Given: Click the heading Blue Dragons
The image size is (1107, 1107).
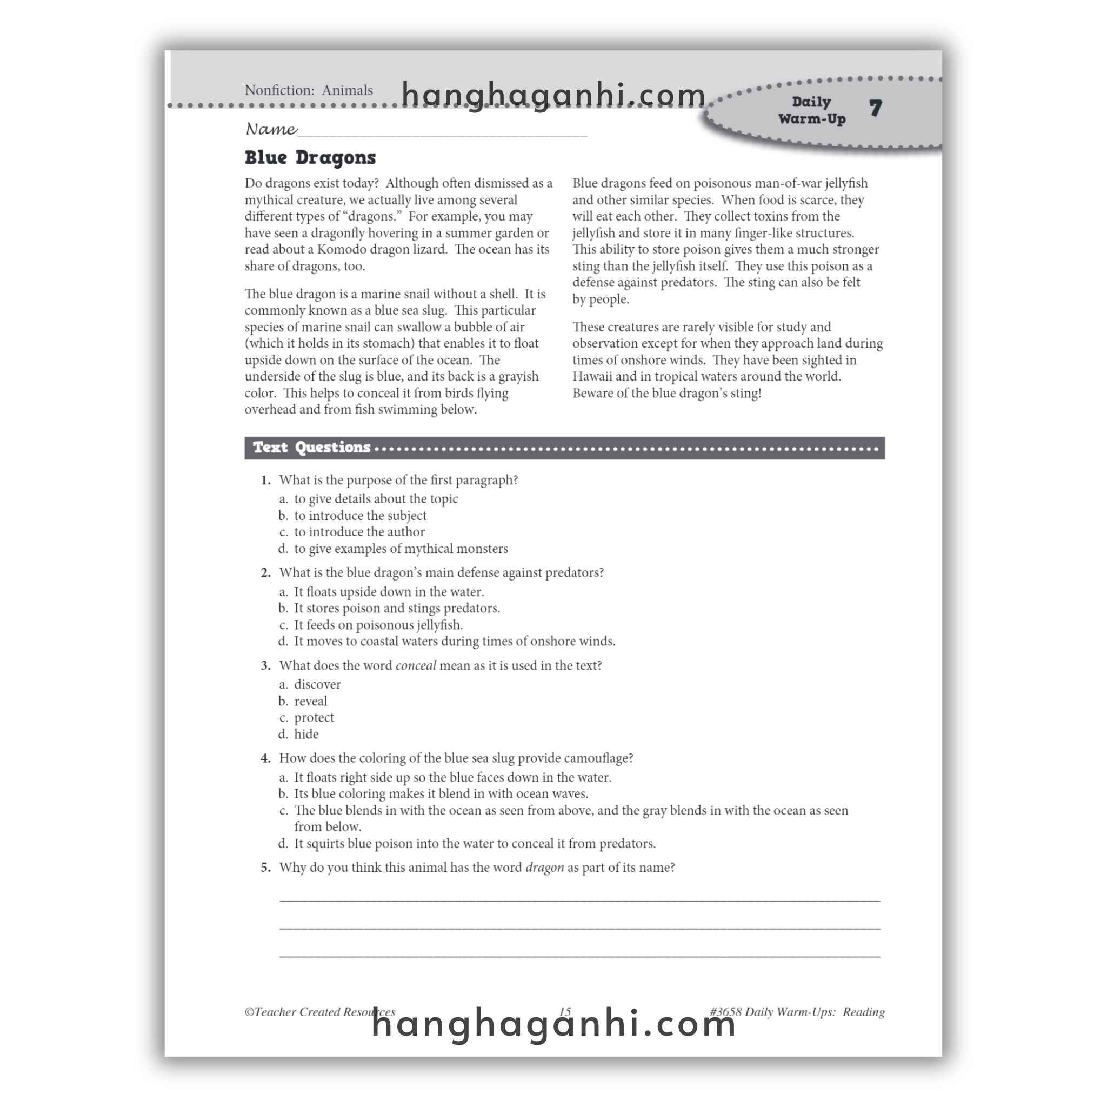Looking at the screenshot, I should pyautogui.click(x=310, y=158).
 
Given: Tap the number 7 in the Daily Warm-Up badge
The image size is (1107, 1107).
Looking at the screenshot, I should pyautogui.click(x=875, y=108).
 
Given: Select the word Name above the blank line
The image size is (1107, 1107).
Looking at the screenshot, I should pyautogui.click(x=271, y=129).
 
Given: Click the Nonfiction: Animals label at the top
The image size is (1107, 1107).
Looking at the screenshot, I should pyautogui.click(x=308, y=90).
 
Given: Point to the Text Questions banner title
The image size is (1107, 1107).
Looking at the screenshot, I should pyautogui.click(x=312, y=448).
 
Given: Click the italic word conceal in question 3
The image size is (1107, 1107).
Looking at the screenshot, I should pyautogui.click(x=416, y=665).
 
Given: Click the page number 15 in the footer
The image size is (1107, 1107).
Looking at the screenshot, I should pyautogui.click(x=565, y=1012).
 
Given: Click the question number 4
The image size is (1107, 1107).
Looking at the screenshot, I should pyautogui.click(x=265, y=758).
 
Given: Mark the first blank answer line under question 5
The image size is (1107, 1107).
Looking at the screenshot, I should pyautogui.click(x=579, y=899).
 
